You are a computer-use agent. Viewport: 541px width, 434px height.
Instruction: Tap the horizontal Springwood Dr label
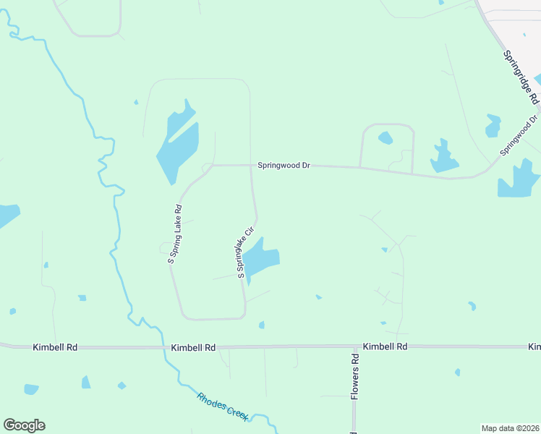[x=284, y=166]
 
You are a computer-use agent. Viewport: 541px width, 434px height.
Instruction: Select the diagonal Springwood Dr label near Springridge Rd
[x=519, y=135]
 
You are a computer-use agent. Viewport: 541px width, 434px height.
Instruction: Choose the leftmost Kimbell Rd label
[x=55, y=347]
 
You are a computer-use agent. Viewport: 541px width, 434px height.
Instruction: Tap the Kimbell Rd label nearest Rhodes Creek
[x=194, y=347]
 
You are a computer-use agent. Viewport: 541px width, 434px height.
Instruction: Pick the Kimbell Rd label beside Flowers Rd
[x=385, y=346]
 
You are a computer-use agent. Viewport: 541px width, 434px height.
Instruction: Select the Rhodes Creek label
[x=223, y=406]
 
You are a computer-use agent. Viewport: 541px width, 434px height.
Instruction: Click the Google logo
[x=24, y=425]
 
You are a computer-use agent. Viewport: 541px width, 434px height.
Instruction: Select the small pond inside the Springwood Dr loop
[x=385, y=137]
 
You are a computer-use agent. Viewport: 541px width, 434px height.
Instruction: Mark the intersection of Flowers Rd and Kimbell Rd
[x=354, y=346]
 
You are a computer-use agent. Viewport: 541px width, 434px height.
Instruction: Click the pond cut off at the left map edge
[x=7, y=215]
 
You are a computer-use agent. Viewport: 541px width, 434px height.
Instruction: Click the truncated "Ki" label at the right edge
[x=534, y=346]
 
